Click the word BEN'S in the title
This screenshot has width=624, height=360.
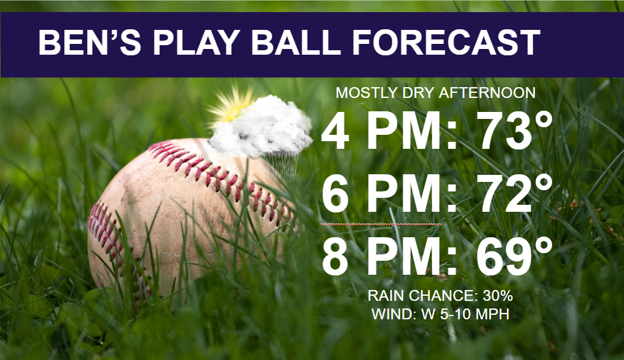coord(90,43)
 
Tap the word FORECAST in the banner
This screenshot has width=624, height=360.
coord(446,43)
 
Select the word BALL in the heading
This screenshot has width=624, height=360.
coord(295,43)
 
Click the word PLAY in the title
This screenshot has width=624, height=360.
coord(196,43)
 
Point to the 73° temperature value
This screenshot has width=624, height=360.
coord(516,130)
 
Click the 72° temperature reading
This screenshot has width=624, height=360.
coord(516,193)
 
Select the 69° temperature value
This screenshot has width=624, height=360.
coord(515,256)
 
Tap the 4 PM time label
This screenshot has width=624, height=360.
coord(389,130)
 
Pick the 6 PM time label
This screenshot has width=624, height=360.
coord(389,193)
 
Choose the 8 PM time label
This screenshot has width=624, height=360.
coord(389,256)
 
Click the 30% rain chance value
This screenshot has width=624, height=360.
coord(497,296)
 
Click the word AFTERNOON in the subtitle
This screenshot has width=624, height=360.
coord(487,93)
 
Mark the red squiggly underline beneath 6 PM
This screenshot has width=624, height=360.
coord(381,225)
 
